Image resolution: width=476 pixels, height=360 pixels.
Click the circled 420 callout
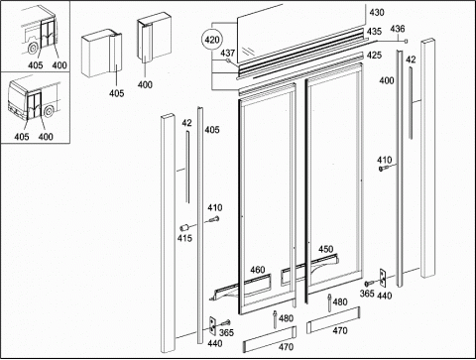pyautogui.click(x=212, y=40)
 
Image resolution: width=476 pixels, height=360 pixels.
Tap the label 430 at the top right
pyautogui.click(x=377, y=13)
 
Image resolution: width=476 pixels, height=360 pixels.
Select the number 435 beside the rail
pyautogui.click(x=374, y=32)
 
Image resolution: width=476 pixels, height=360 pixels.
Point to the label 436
pyautogui.click(x=398, y=29)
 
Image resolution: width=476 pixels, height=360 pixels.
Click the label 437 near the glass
pyautogui.click(x=228, y=53)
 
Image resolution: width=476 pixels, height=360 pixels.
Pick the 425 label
pyautogui.click(x=374, y=55)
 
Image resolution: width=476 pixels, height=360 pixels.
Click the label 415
pyautogui.click(x=184, y=238)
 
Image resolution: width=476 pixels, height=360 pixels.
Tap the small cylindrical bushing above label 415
pyautogui.click(x=183, y=227)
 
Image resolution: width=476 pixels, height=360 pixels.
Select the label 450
pyautogui.click(x=326, y=249)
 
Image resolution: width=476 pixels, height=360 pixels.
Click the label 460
pyautogui.click(x=258, y=270)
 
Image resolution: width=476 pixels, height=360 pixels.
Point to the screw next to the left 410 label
pyautogui.click(x=214, y=219)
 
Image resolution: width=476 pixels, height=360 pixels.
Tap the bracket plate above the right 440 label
pyautogui.click(x=383, y=278)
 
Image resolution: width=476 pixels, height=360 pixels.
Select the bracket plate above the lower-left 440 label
pyautogui.click(x=212, y=326)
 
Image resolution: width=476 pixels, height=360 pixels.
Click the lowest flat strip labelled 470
pyautogui.click(x=269, y=339)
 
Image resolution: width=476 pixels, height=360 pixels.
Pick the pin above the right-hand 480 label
pyautogui.click(x=329, y=302)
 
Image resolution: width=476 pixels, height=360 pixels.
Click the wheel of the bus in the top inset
pyautogui.click(x=33, y=49)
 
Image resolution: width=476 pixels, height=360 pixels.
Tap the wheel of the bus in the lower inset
pyautogui.click(x=49, y=111)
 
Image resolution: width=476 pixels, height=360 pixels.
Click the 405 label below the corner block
pyautogui.click(x=117, y=93)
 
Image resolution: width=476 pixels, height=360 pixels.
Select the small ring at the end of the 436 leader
pyautogui.click(x=407, y=41)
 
